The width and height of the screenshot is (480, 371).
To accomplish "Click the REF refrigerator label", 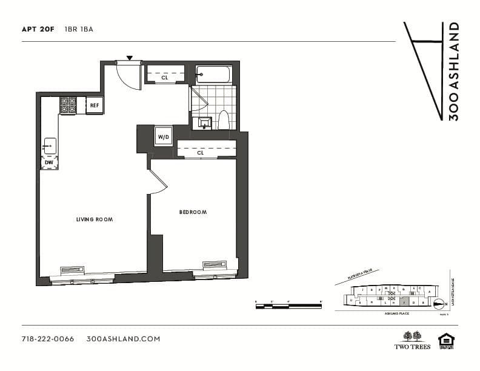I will [94, 105].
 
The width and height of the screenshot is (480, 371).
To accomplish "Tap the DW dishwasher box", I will [49, 162].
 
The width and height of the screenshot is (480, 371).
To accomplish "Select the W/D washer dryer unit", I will [164, 137].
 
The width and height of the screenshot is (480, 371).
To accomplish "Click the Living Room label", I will [95, 219].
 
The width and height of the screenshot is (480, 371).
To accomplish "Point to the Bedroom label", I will [193, 212].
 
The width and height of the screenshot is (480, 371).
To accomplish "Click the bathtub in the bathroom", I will [213, 75].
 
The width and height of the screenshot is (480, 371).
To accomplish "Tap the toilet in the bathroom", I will [223, 119].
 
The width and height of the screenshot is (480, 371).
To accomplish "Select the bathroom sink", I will [202, 122].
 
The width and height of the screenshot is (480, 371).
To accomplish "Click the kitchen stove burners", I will [68, 105].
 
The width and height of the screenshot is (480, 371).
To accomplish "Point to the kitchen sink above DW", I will [49, 146].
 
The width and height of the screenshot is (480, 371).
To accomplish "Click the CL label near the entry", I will [164, 78].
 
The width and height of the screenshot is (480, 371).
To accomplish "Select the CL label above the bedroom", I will [200, 153].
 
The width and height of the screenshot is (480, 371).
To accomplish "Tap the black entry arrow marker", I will [129, 58].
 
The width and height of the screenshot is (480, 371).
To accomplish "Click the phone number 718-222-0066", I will [47, 339].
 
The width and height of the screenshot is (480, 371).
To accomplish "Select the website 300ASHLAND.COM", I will [123, 339].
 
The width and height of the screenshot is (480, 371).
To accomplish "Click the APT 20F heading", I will [38, 29].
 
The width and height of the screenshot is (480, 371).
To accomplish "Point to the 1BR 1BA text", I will [79, 29].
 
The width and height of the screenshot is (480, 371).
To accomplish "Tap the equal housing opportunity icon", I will [446, 341].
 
